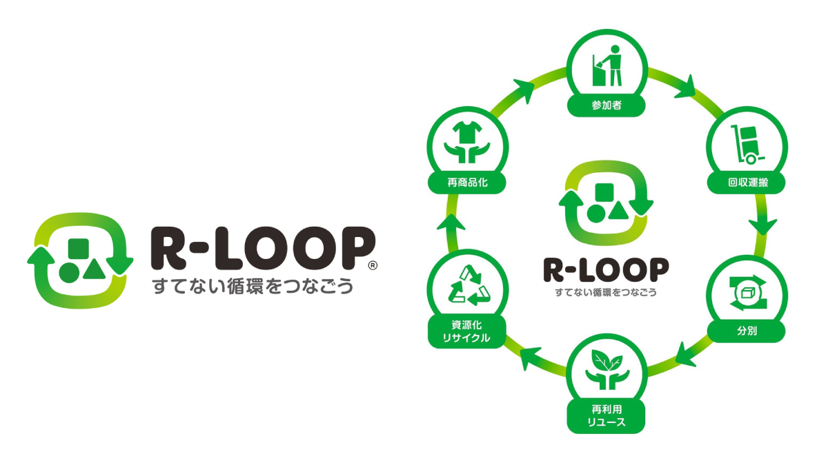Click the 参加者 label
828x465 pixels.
[607, 106]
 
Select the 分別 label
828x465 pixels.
[747, 331]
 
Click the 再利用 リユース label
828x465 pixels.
[607, 415]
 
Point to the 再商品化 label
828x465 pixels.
[467, 183]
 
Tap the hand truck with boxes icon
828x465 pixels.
[747, 145]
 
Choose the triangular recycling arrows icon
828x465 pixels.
[467, 287]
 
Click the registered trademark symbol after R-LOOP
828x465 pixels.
[373, 265]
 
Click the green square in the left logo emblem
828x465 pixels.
[79, 249]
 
